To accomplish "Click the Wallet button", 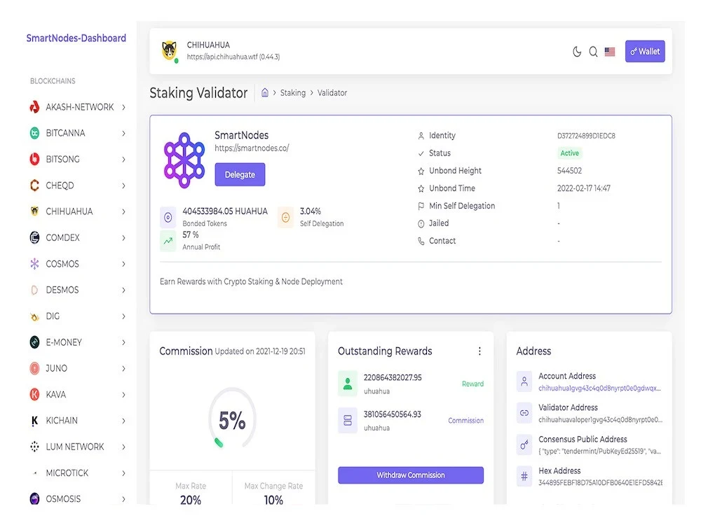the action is click(x=645, y=51).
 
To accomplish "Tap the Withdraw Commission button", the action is click(x=410, y=475).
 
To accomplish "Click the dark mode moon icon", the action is click(x=577, y=52).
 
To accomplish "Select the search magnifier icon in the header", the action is click(x=593, y=52).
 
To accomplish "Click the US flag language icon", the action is click(x=610, y=52).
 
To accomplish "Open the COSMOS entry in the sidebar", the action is click(x=62, y=264).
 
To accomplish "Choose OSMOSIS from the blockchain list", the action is click(x=63, y=498).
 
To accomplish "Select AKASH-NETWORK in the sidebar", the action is click(x=80, y=107).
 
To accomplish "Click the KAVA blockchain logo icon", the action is click(x=34, y=394).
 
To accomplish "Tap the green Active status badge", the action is click(x=569, y=153).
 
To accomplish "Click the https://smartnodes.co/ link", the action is click(x=252, y=148).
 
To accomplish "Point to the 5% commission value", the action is click(x=232, y=421).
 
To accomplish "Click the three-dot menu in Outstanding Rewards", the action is click(x=479, y=351).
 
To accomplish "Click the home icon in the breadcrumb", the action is click(x=265, y=92).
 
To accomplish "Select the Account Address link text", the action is click(x=599, y=388).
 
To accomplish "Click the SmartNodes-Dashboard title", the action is click(x=76, y=38).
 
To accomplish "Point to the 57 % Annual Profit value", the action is click(x=191, y=234).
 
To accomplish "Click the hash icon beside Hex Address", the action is click(x=524, y=476).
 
